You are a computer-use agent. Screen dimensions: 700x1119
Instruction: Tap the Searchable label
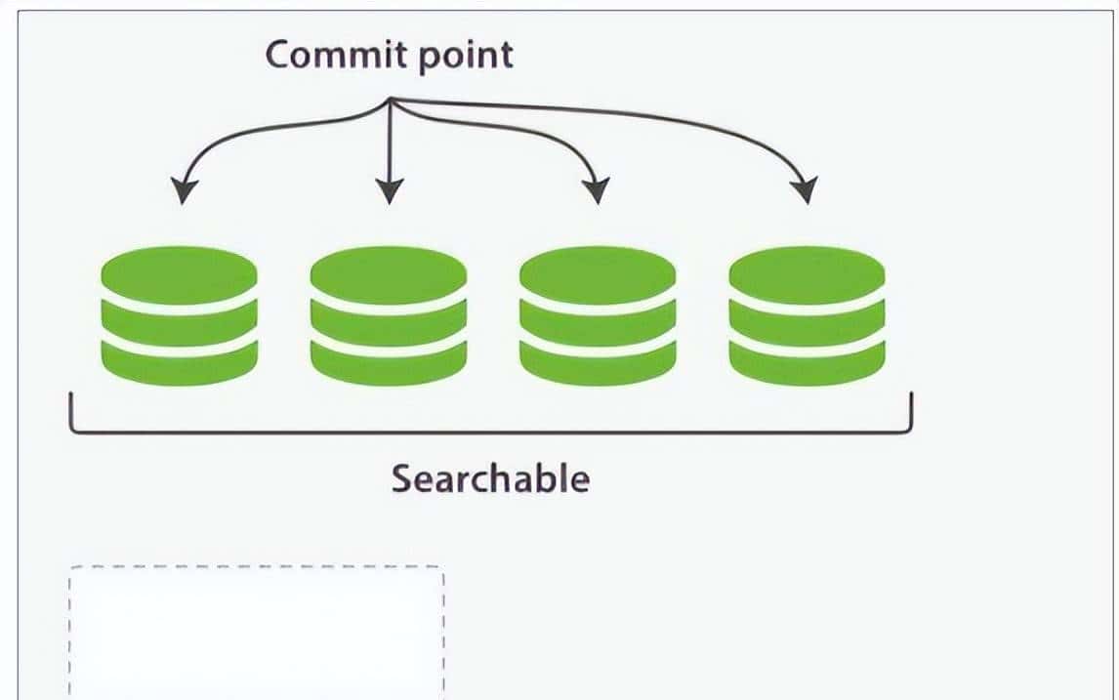point(490,479)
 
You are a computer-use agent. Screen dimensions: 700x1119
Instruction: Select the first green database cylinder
point(180,314)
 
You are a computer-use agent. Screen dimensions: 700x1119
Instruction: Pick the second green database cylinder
point(389,314)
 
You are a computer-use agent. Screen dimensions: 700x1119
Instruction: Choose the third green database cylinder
point(598,314)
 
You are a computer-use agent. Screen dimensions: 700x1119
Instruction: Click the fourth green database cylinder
point(807,314)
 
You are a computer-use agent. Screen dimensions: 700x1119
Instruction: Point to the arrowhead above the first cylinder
point(182,191)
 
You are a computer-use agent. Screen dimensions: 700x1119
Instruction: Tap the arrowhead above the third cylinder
point(597,191)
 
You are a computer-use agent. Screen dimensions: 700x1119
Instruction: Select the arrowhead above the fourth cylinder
point(804,191)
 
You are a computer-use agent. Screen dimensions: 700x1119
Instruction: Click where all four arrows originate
point(391,100)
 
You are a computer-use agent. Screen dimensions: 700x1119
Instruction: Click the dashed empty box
point(256,630)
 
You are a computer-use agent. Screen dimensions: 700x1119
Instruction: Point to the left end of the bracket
point(71,410)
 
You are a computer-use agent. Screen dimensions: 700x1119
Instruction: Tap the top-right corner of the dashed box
point(443,567)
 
